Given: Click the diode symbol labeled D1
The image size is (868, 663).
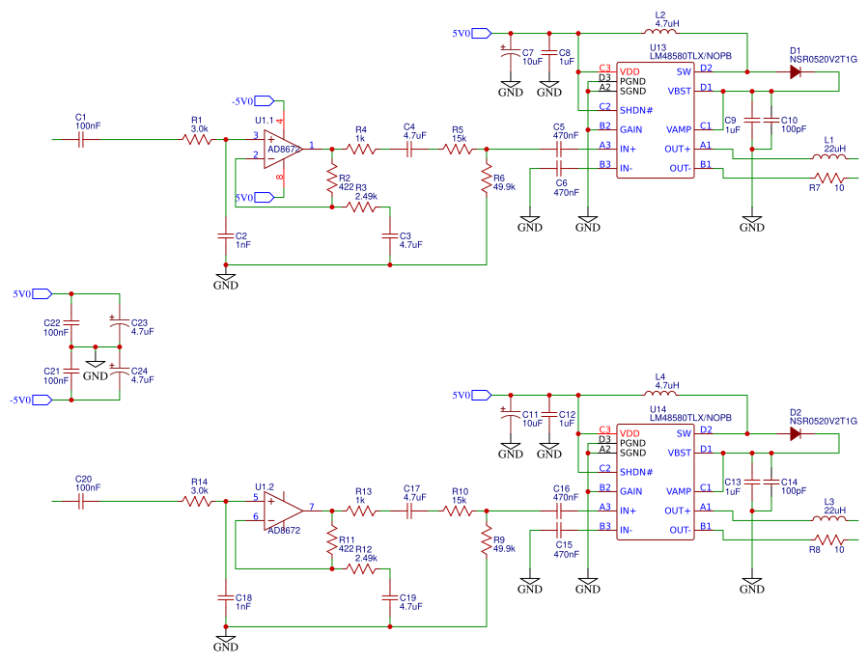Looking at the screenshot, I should pos(795,71).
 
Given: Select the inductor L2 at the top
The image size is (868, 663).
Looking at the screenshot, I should pos(660,33).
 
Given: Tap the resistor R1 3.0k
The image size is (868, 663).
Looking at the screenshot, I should pos(197,140).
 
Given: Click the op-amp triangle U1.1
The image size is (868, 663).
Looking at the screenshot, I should pos(282,149).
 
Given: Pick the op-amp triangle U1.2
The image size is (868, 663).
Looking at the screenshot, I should pos(282,509).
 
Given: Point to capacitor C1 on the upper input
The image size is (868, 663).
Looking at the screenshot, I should pos(82,140).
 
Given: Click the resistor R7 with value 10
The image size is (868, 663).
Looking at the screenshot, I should pos(829,178).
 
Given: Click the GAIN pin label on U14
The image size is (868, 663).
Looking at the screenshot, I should pos(631,490).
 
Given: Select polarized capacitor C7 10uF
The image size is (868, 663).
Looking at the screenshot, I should pos(510,56).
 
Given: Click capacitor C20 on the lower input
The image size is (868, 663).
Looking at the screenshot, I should pos(82,501).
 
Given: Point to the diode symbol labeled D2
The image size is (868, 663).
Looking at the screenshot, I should pos(795,433).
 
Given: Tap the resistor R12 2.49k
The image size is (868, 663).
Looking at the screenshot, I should pos(362,569).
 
